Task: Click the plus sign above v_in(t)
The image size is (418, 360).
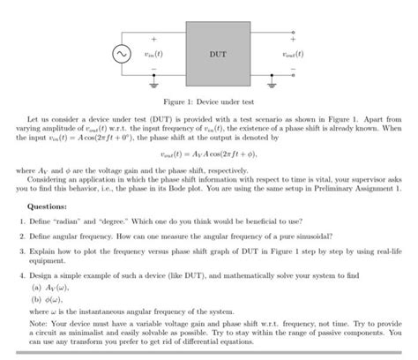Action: coord(157,37)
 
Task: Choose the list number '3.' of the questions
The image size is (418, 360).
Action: coord(21,250)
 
